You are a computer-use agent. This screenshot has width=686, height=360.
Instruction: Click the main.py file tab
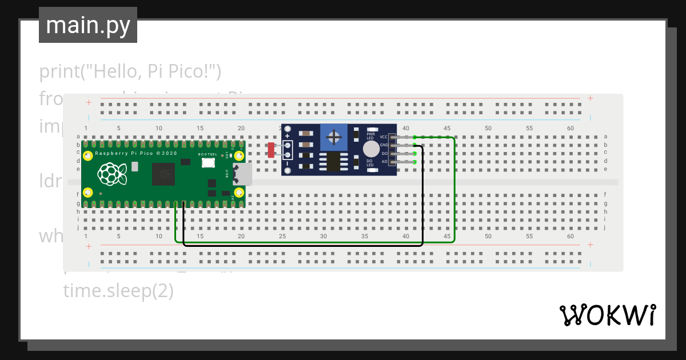pyautogui.click(x=87, y=25)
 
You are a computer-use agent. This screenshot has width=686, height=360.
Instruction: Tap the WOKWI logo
pyautogui.click(x=607, y=315)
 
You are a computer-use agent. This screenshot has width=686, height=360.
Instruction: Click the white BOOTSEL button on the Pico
pyautogui.click(x=208, y=163)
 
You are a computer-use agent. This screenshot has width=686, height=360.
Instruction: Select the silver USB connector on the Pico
pyautogui.click(x=245, y=174)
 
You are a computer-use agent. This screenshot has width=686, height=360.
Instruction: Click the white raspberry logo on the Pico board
pyautogui.click(x=112, y=174)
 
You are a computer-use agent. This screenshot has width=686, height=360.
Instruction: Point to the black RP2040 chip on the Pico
pyautogui.click(x=163, y=174)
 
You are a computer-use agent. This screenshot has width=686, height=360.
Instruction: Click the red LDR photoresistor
pyautogui.click(x=271, y=150)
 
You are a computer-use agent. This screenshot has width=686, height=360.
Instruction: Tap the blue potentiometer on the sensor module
pyautogui.click(x=334, y=138)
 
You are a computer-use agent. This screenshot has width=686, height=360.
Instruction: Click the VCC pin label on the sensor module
pyautogui.click(x=384, y=137)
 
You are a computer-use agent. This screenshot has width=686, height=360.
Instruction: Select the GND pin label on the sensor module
pyautogui.click(x=384, y=145)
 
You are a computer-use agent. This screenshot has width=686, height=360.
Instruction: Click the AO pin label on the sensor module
pyautogui.click(x=384, y=162)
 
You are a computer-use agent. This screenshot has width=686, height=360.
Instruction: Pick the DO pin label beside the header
pyautogui.click(x=384, y=154)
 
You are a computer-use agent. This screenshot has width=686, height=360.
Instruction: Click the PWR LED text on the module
pyautogui.click(x=370, y=136)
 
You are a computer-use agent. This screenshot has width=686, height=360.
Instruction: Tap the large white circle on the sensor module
pyautogui.click(x=371, y=149)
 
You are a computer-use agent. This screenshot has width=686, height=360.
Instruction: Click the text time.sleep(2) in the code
pyautogui.click(x=118, y=291)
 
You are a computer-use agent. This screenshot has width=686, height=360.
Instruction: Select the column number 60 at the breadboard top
pyautogui.click(x=570, y=129)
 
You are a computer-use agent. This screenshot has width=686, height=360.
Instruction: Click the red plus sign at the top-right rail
pyautogui.click(x=590, y=98)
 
